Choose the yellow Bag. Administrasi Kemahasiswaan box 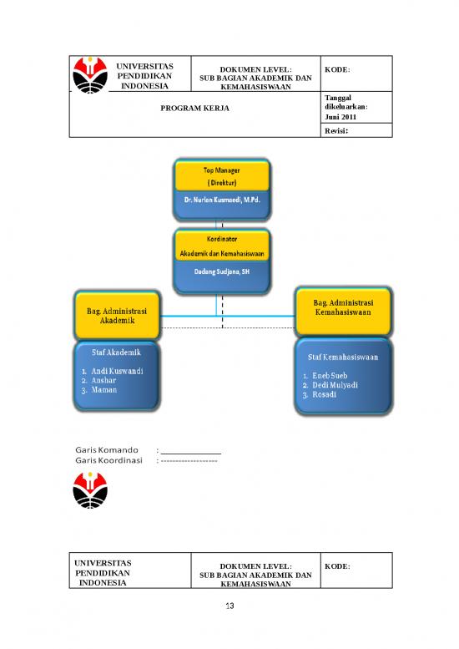pyautogui.click(x=342, y=307)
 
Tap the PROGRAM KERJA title pyautogui.click(x=195, y=109)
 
